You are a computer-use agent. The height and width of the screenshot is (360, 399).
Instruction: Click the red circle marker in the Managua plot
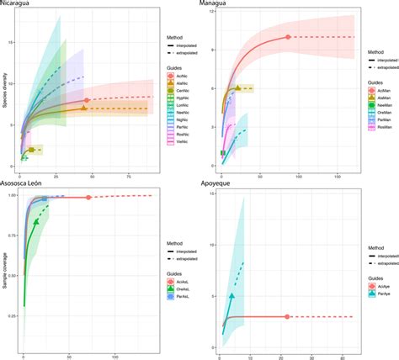[x=288, y=37]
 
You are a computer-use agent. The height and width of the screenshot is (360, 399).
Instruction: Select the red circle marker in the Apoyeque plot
[x=287, y=316]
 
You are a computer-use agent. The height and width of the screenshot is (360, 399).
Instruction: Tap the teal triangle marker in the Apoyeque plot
[x=231, y=296]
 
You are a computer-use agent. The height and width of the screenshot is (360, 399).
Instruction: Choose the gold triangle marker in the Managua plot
[x=238, y=87]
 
